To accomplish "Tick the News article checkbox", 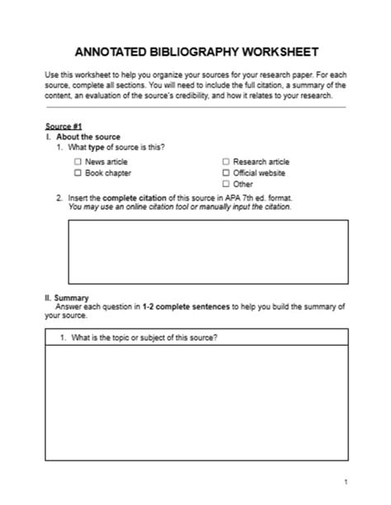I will [78, 163].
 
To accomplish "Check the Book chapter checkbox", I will [78, 173].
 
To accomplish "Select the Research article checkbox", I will [226, 163].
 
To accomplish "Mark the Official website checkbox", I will [226, 173].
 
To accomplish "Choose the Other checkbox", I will [226, 184].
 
